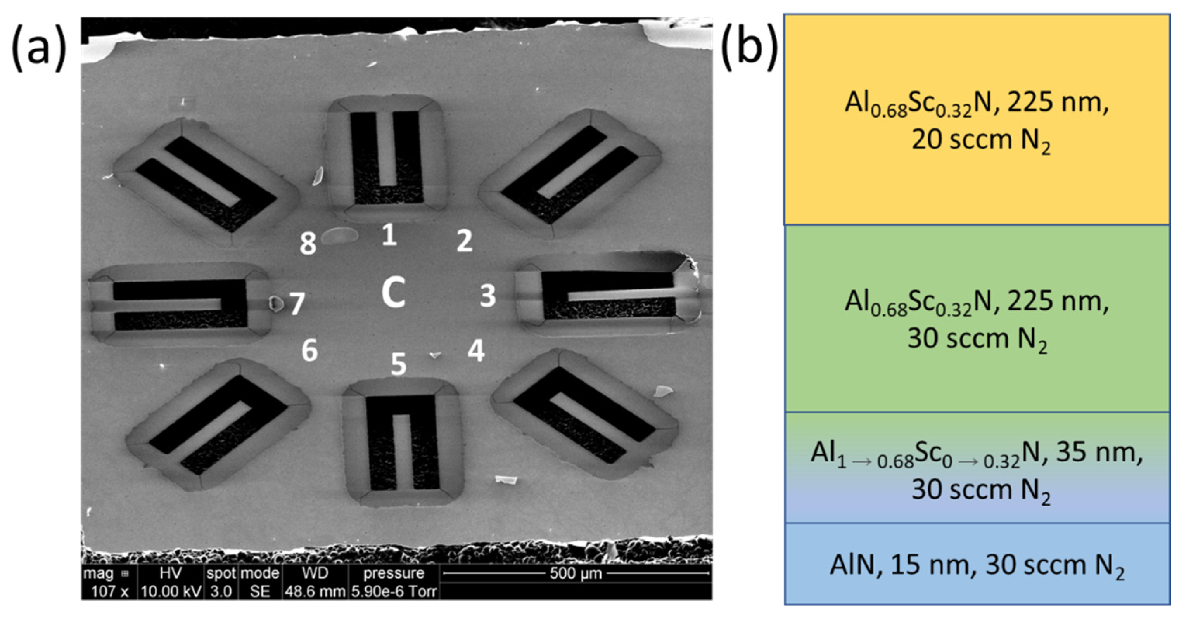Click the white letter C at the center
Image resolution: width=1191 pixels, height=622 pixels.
(x=393, y=292)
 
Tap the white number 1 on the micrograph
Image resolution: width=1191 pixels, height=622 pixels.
(x=389, y=234)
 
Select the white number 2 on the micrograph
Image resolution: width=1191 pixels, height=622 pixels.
(x=464, y=241)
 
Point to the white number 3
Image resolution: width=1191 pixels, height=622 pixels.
(x=487, y=296)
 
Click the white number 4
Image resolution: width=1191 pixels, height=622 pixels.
(x=476, y=350)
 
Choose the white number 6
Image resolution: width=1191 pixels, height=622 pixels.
(x=309, y=350)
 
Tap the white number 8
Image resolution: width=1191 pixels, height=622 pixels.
(x=308, y=243)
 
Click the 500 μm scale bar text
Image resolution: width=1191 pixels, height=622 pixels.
(x=576, y=574)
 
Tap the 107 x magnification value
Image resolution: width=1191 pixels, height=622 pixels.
(x=110, y=591)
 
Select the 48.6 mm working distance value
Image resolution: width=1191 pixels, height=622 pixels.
(x=315, y=591)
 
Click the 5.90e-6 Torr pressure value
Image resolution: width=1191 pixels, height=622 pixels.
(x=394, y=591)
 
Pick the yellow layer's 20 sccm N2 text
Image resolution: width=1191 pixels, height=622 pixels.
(x=980, y=140)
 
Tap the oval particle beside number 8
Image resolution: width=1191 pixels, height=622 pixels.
(x=340, y=236)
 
